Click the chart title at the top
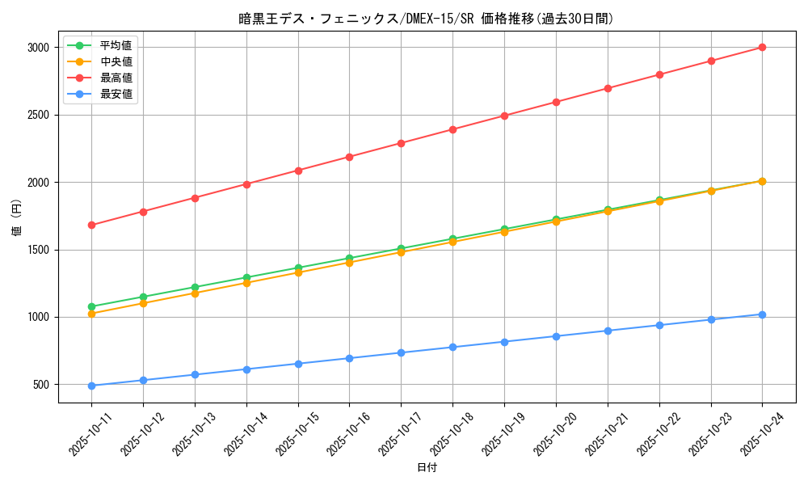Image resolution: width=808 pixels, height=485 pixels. click(426, 18)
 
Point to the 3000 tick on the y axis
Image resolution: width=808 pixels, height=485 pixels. click(37, 48)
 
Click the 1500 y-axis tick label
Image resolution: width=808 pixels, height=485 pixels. click(37, 250)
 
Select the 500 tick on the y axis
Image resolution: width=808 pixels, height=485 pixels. click(40, 385)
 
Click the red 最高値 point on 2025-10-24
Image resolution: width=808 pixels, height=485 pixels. click(762, 48)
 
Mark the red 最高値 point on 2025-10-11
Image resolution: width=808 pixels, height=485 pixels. click(91, 225)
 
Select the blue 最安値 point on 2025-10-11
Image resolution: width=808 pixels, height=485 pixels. click(91, 386)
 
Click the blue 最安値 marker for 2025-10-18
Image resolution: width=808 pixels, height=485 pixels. click(452, 348)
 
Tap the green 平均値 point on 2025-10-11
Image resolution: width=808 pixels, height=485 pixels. click(91, 306)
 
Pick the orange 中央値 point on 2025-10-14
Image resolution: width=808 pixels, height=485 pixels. click(246, 283)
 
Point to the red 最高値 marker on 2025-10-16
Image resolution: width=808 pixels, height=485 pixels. click(349, 157)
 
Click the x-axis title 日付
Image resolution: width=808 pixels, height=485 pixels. click(427, 468)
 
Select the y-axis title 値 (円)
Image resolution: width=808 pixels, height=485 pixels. click(17, 218)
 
